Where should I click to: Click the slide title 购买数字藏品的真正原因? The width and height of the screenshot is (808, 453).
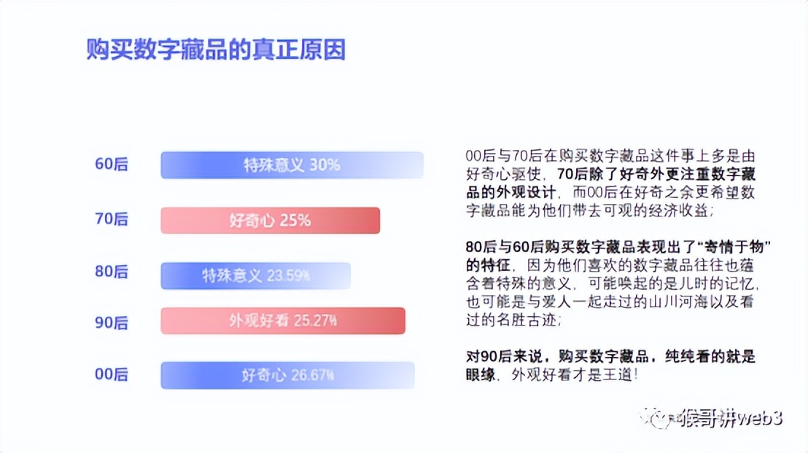[x=216, y=50]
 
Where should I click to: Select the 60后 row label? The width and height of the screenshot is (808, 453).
[x=111, y=165]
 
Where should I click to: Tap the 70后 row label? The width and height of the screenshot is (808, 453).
[x=111, y=219]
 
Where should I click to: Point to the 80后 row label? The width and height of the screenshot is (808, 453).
[x=111, y=272]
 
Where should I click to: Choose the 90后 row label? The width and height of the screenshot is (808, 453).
[x=111, y=322]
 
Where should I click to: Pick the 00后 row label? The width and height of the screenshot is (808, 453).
[x=111, y=375]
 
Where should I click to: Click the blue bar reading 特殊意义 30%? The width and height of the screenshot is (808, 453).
[x=292, y=165]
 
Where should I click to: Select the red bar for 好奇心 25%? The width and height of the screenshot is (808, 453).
[x=270, y=221]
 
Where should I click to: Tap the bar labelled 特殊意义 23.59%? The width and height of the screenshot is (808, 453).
[x=255, y=276]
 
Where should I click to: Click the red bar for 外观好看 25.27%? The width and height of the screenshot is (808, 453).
[x=282, y=321]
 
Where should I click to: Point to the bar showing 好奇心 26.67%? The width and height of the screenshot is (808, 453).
[x=287, y=376]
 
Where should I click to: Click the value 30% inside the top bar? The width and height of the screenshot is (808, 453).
[x=325, y=165]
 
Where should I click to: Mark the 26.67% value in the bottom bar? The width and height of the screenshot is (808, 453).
[x=313, y=377]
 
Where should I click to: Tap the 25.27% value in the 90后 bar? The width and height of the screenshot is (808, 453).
[x=315, y=321]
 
